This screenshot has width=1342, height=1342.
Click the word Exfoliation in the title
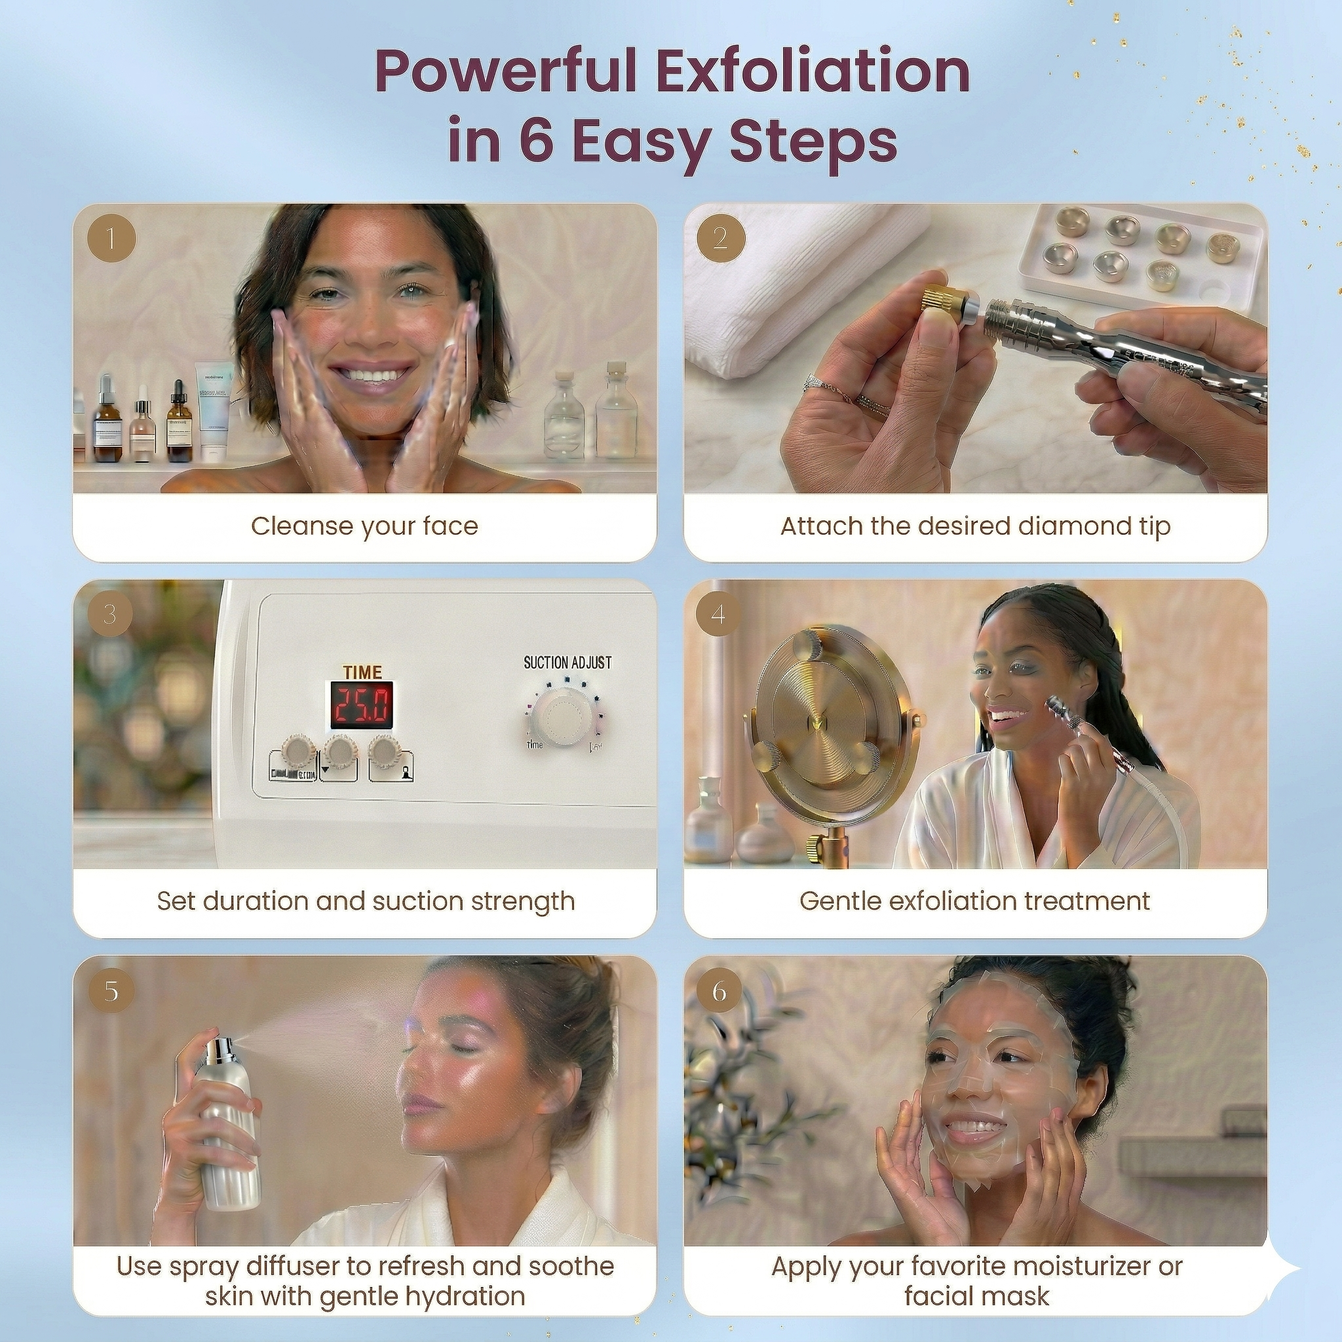click(x=813, y=71)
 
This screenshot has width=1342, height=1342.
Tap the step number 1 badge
click(x=111, y=239)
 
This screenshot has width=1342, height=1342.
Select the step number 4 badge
click(x=718, y=613)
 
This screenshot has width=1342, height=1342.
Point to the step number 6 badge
click(x=719, y=990)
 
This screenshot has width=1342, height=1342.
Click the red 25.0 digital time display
click(x=361, y=704)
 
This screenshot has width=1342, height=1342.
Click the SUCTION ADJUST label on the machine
click(x=567, y=662)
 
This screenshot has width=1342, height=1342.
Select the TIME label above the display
click(x=362, y=672)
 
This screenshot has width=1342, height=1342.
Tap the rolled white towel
click(x=799, y=278)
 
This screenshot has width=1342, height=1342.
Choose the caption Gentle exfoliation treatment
click(x=974, y=901)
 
